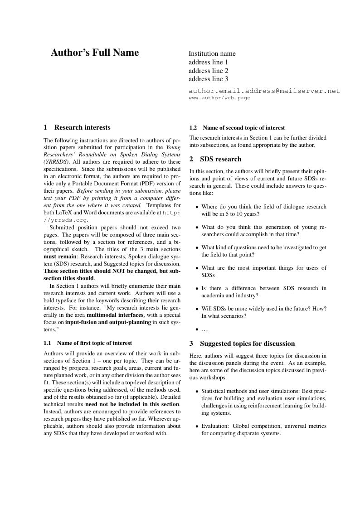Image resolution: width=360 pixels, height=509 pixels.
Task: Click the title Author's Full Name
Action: click(x=95, y=53)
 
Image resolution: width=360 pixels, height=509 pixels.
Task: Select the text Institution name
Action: click(x=212, y=53)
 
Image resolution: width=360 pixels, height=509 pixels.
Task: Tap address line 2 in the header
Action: click(x=208, y=71)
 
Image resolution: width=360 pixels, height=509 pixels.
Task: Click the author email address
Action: click(x=264, y=91)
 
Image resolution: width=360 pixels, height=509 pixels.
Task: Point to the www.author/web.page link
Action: click(x=219, y=98)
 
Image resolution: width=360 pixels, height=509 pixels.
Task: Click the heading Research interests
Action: click(x=82, y=127)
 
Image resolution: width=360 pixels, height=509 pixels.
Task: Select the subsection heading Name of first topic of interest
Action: click(x=94, y=343)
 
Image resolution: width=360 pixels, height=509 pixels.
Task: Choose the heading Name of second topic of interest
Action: click(x=243, y=128)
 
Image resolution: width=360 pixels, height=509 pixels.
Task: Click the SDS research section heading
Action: click(x=220, y=159)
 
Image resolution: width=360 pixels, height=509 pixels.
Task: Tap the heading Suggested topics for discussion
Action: click(x=247, y=344)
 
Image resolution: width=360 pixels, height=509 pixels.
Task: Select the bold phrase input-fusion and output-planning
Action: click(x=108, y=322)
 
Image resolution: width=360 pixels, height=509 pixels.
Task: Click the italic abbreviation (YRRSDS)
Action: click(x=57, y=162)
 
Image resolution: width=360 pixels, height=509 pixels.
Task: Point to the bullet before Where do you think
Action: click(x=196, y=207)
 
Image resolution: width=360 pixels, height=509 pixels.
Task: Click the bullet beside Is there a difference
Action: click(x=196, y=289)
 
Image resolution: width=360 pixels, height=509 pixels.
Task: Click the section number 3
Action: click(x=191, y=344)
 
